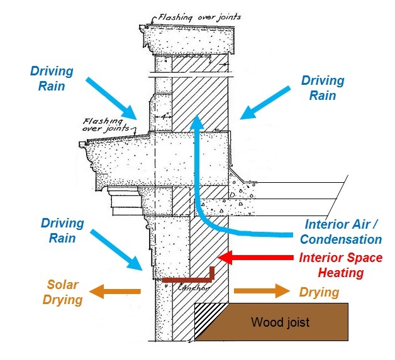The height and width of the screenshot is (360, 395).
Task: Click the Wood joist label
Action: point(280,323)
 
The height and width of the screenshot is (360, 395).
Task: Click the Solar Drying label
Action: point(62,292)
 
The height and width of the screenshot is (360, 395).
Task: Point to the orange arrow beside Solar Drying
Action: point(116,292)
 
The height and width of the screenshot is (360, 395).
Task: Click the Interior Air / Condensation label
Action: point(343,231)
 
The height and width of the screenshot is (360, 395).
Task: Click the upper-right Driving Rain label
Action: point(323,88)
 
